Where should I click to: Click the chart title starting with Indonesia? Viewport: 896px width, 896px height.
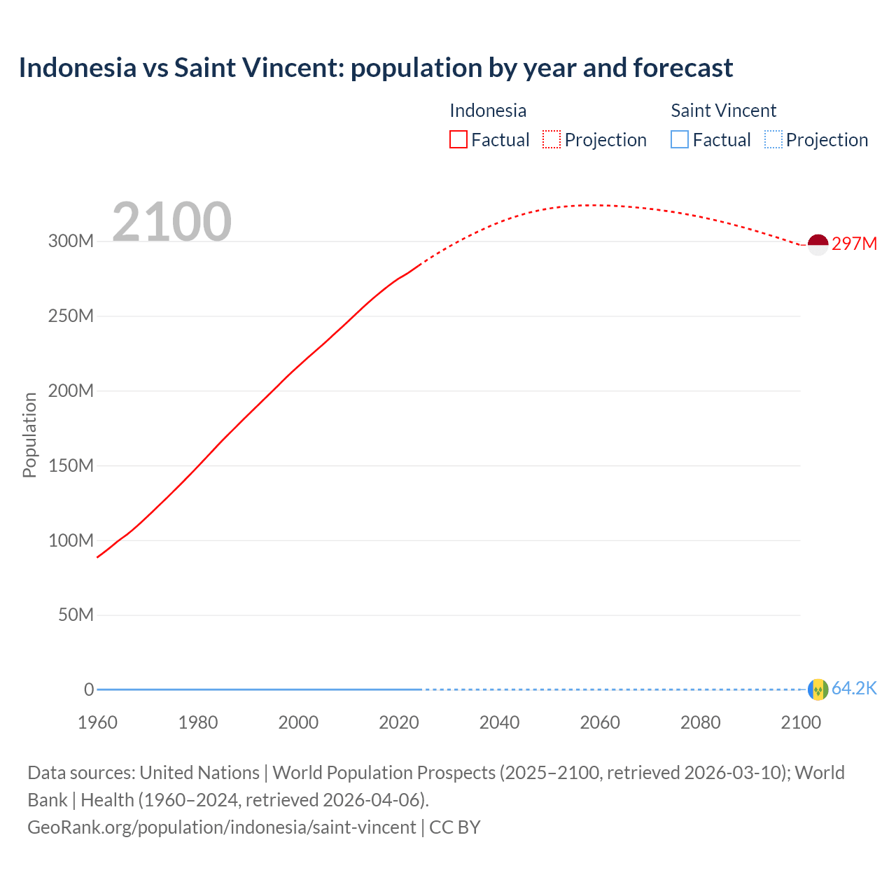click(x=376, y=68)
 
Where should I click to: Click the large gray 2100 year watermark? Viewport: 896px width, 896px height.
click(x=171, y=221)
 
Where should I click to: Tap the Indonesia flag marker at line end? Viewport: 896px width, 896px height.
click(x=818, y=244)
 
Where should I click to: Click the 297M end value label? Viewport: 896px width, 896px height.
click(x=854, y=244)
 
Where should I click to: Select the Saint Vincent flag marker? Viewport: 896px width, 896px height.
click(x=818, y=689)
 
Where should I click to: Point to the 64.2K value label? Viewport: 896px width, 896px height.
click(x=854, y=689)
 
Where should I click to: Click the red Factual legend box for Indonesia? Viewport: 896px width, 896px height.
click(x=458, y=140)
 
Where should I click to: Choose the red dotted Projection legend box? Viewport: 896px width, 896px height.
click(x=552, y=140)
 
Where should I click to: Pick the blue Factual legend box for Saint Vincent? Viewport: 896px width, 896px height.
click(x=680, y=140)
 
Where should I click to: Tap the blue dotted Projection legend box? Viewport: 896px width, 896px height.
click(x=773, y=140)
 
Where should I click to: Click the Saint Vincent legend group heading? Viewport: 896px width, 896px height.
click(x=723, y=111)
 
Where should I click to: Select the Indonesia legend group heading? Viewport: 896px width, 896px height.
click(x=488, y=111)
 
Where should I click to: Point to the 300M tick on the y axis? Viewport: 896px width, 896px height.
click(x=71, y=241)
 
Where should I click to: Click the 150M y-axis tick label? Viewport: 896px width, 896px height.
click(x=71, y=465)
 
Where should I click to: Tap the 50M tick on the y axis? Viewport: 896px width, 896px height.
click(x=76, y=615)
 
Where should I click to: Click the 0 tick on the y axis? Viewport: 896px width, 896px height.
click(x=89, y=689)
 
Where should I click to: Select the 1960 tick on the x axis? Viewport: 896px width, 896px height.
click(x=97, y=722)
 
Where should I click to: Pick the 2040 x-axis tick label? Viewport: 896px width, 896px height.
click(x=499, y=722)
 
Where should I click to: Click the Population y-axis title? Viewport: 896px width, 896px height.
click(x=29, y=435)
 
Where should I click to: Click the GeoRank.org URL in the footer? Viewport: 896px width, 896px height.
click(x=222, y=827)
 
